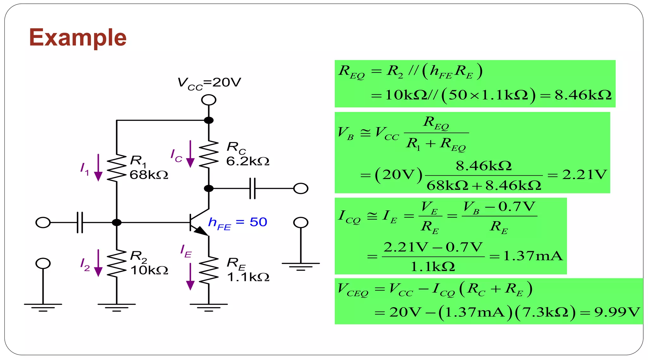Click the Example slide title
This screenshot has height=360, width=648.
click(x=78, y=38)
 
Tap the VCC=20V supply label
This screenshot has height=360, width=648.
click(x=209, y=83)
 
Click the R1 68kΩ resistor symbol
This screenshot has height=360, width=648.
click(x=116, y=168)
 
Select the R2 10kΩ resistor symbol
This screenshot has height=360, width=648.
click(x=116, y=263)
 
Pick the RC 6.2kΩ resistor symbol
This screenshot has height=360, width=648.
click(x=209, y=154)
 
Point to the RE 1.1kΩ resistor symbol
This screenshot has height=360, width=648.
click(x=209, y=270)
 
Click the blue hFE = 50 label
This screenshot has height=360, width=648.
click(x=237, y=222)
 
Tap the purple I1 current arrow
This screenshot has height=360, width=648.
click(x=98, y=168)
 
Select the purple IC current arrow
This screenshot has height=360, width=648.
click(x=190, y=154)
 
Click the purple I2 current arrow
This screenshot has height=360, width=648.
click(x=98, y=263)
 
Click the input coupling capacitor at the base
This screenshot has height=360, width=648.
click(x=80, y=222)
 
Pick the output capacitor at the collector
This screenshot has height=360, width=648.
click(x=252, y=189)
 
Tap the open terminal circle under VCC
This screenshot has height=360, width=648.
click(x=209, y=100)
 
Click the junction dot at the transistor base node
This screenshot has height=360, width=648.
click(x=117, y=222)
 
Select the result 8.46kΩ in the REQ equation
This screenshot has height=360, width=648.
click(x=583, y=95)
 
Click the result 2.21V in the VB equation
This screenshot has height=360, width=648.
click(x=584, y=175)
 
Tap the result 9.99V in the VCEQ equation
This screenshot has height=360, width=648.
click(x=617, y=312)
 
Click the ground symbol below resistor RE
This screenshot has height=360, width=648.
click(x=209, y=307)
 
